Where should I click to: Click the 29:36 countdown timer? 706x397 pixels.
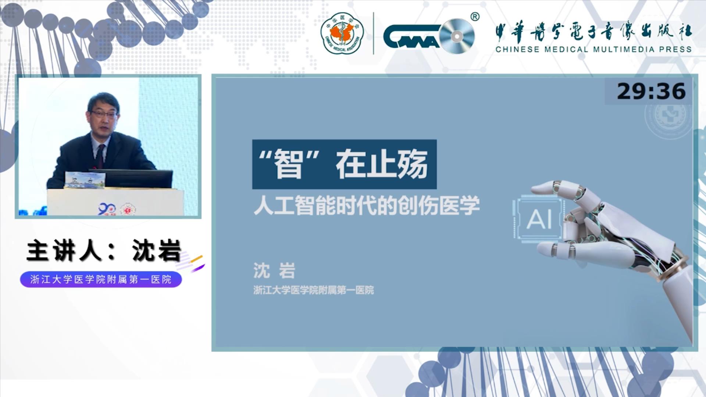pos(651,91)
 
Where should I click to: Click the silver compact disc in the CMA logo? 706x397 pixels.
pos(457,36)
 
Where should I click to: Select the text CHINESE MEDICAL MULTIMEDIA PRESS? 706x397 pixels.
pos(593,49)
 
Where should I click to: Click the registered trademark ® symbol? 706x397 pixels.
pos(475,17)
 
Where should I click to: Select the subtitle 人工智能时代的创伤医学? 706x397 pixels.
pos(367,205)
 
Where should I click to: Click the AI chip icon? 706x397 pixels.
pos(539,220)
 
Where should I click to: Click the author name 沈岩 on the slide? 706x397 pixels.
pos(274,271)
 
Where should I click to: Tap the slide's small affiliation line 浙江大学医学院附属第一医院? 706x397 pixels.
pos(314,290)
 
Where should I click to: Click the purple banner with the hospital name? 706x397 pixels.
pos(101,280)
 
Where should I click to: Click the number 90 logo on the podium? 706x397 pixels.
pos(107,210)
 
